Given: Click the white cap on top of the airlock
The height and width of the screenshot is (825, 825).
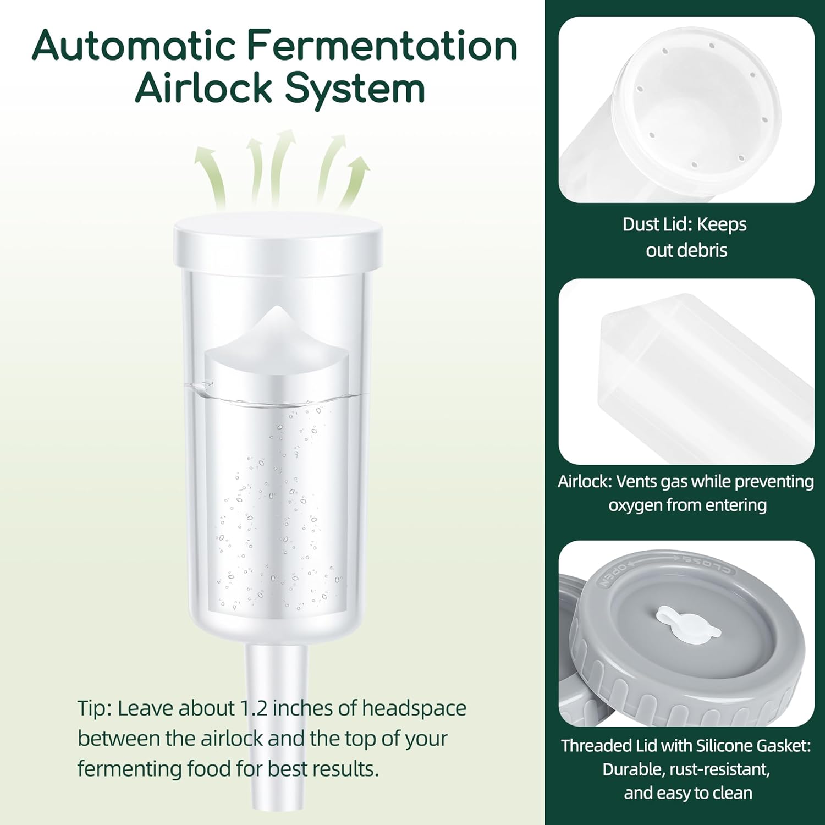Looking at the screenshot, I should pos(278,241).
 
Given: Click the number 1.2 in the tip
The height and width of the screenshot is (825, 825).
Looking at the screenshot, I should pos(254,708).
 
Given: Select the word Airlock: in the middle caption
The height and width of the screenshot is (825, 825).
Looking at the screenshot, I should pos(584,482).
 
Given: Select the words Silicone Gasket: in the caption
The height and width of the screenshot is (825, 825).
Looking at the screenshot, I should pos(753,746).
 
